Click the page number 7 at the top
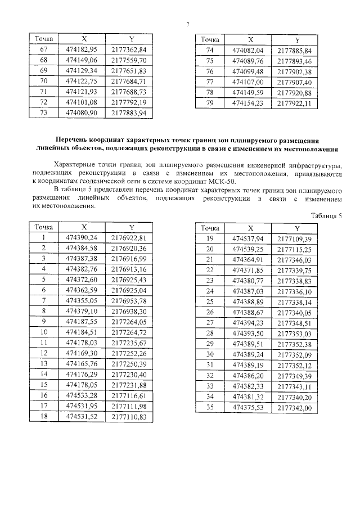(187, 23)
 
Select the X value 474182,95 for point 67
(82, 49)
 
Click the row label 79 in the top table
(210, 102)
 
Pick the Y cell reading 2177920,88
(294, 92)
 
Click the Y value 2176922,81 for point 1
(129, 237)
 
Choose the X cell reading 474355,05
(82, 301)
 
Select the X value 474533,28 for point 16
(82, 396)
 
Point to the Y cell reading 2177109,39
(294, 238)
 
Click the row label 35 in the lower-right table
(210, 408)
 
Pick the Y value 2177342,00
(294, 408)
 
